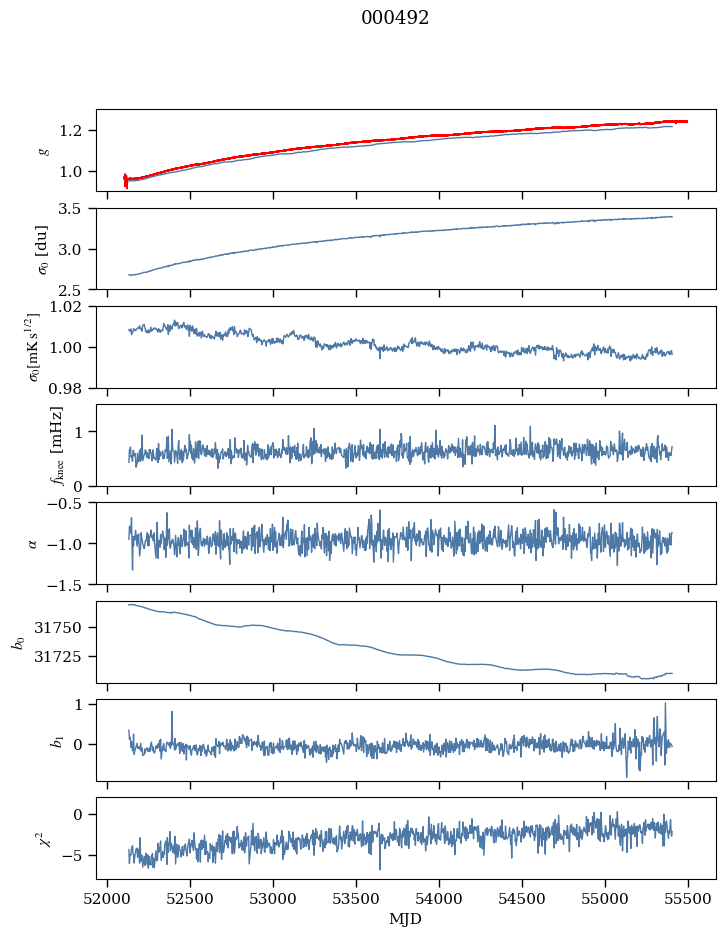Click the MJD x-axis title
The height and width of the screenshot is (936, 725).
coord(406,919)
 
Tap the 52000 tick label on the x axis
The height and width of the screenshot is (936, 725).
coord(108,898)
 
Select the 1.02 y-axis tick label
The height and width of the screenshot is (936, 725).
coord(72,307)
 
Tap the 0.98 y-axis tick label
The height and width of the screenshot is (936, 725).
coord(72,388)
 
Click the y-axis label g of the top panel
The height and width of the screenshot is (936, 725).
coord(43,150)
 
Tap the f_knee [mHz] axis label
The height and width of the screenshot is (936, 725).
coord(56,445)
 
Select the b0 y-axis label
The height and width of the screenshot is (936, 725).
coord(19,641)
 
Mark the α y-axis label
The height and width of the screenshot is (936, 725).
coord(33,543)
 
